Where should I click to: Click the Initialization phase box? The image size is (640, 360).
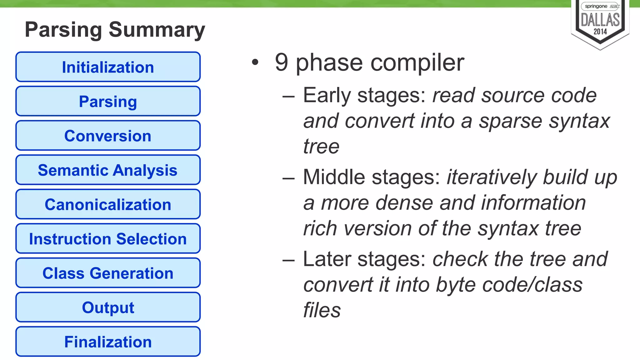pos(108,67)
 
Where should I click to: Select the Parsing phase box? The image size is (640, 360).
pos(108,101)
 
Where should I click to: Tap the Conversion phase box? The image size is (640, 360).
pos(108,136)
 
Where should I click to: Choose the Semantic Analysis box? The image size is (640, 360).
pos(108,170)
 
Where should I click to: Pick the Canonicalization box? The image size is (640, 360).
pos(108,204)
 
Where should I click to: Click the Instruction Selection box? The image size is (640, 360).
pos(108,239)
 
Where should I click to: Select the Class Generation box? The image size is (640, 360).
pos(108,273)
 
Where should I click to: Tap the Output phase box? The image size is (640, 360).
pos(108,307)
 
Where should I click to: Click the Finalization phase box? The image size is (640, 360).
pos(108,342)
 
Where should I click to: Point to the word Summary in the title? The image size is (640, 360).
pos(157,30)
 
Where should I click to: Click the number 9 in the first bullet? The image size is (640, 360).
pos(281,62)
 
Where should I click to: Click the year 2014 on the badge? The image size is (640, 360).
pos(600,32)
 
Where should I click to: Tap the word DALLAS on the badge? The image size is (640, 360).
pos(600,20)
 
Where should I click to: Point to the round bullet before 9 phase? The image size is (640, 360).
pos(255,62)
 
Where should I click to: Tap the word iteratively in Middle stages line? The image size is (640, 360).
pos(492,177)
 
